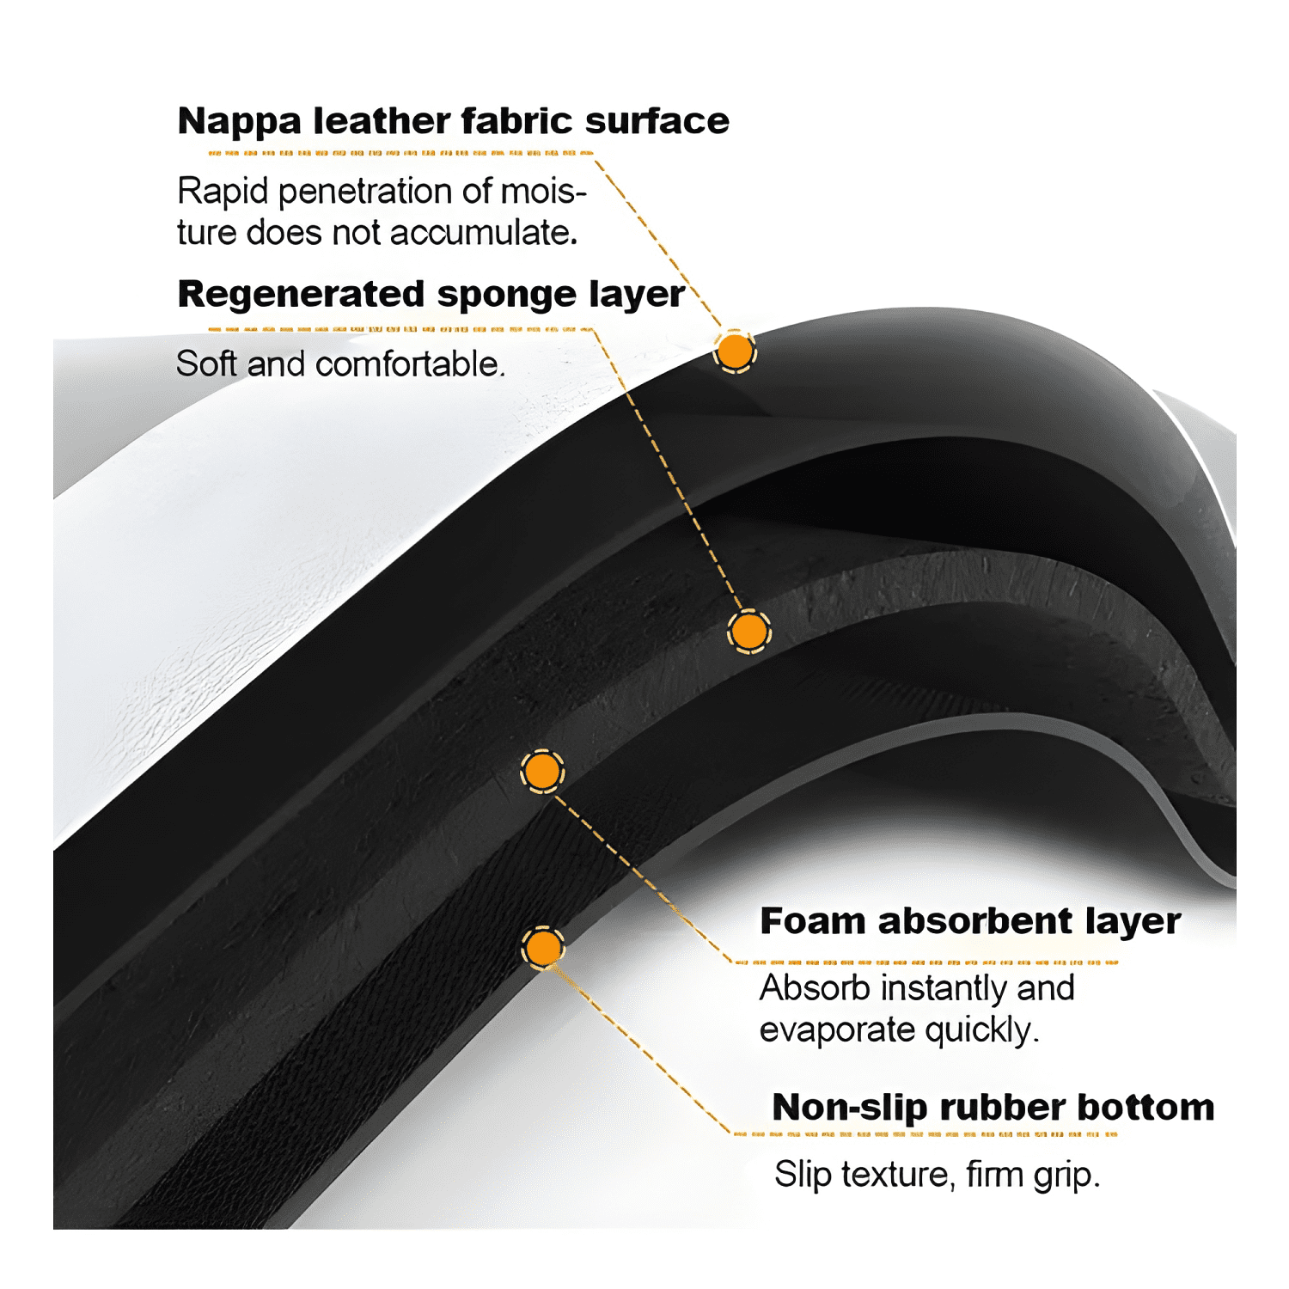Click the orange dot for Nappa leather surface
(x=735, y=351)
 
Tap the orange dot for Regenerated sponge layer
(x=748, y=632)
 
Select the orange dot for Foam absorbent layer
(x=542, y=772)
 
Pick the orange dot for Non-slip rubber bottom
(x=543, y=948)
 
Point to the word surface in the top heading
(x=657, y=121)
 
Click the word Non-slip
(x=851, y=1108)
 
